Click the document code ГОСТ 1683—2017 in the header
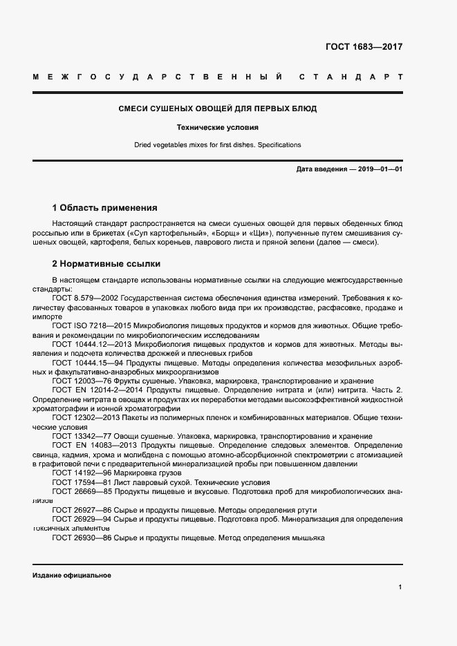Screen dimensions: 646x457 tap(364, 47)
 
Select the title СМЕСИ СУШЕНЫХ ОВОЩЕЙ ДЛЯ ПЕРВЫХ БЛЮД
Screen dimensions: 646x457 tap(218, 109)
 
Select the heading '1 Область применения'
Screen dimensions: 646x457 tap(104, 207)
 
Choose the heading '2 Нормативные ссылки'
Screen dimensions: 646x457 tap(106, 264)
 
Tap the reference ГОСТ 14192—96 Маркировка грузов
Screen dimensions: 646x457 tap(111, 473)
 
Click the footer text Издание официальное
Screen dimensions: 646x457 tap(71, 575)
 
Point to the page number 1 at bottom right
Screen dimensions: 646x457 tap(400, 587)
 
